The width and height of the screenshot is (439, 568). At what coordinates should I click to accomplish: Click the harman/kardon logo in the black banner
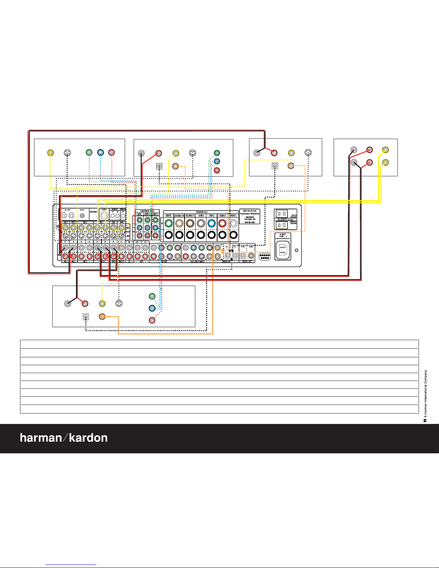click(64, 438)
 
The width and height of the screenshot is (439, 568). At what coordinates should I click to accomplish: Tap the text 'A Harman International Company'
click(426, 394)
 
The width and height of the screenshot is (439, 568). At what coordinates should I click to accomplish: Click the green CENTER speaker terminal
click(168, 224)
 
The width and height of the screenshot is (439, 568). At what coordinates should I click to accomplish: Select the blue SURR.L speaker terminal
click(211, 224)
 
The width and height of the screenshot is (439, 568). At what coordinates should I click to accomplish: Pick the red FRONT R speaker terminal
click(223, 224)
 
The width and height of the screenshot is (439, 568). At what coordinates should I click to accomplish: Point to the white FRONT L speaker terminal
click(233, 224)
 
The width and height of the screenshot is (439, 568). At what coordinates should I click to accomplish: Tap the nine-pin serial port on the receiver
click(265, 257)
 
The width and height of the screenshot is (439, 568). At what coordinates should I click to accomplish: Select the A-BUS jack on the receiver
click(104, 215)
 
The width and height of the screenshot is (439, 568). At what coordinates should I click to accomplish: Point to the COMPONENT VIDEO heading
click(147, 211)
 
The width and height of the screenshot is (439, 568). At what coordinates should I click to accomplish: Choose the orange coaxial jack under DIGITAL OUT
click(251, 256)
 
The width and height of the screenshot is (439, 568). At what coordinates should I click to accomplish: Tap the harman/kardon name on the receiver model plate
click(250, 214)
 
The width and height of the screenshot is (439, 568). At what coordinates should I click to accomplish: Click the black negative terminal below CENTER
click(168, 235)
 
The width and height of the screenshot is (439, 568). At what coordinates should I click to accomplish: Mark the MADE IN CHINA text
click(250, 222)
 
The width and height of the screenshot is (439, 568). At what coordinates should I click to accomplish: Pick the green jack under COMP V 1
click(155, 220)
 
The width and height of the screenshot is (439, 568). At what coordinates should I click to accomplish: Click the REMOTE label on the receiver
click(115, 209)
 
